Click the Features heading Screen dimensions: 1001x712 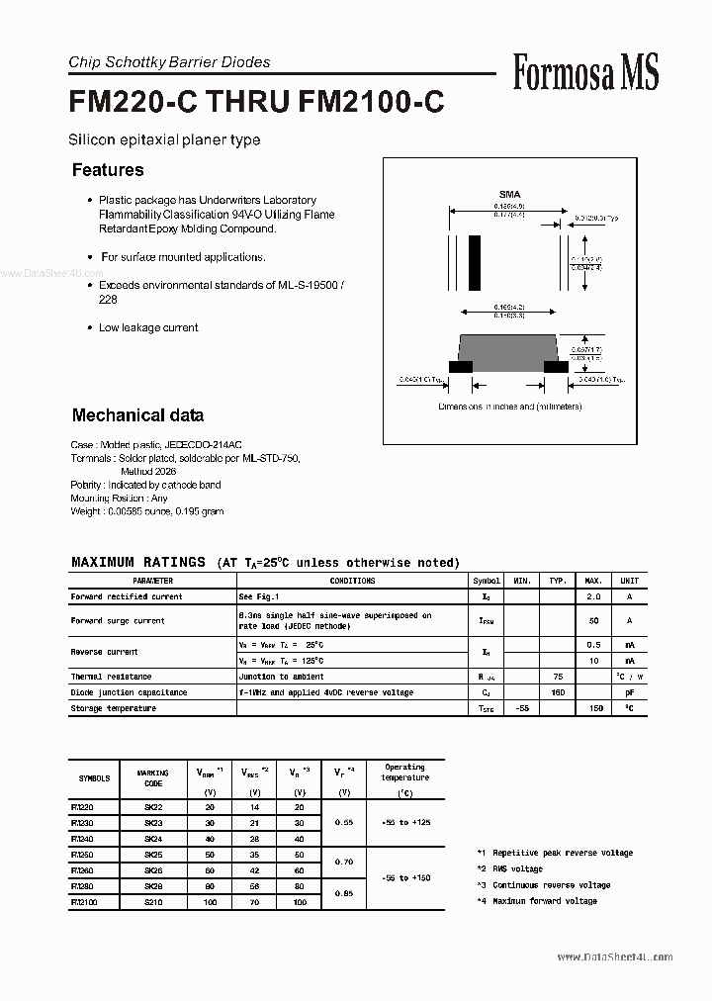[x=108, y=170]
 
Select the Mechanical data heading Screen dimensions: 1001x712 [x=137, y=415]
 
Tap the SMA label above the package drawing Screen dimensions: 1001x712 [x=509, y=195]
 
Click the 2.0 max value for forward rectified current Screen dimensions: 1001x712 [x=594, y=596]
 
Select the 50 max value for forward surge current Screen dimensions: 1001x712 [x=594, y=620]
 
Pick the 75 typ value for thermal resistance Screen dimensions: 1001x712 [x=558, y=677]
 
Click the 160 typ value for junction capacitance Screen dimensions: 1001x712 [x=558, y=692]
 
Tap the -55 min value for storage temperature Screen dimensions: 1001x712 [x=523, y=708]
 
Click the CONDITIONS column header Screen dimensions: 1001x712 [x=352, y=581]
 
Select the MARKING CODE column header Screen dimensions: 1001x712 [x=153, y=777]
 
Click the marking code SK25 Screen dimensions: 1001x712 [x=153, y=854]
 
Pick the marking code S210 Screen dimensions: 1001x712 [x=153, y=901]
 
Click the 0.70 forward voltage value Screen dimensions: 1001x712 [x=343, y=862]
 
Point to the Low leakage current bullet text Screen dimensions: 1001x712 [x=148, y=327]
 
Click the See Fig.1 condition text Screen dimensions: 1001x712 [x=259, y=596]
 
